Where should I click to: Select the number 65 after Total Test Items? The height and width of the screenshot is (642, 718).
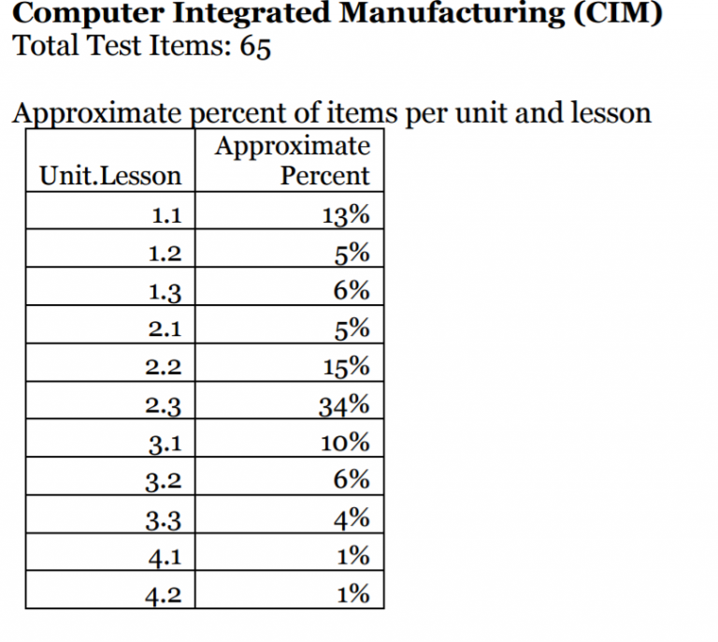point(254,47)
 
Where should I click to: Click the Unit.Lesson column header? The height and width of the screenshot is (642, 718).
point(110,176)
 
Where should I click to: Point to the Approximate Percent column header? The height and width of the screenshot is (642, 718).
point(293,160)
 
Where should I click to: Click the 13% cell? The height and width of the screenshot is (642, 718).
point(345,215)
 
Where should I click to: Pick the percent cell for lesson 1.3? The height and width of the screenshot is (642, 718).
point(352,291)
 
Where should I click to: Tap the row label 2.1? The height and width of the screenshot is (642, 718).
point(165,329)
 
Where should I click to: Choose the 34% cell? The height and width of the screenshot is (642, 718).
point(345,404)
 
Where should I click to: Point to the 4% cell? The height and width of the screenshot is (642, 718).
point(352,518)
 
